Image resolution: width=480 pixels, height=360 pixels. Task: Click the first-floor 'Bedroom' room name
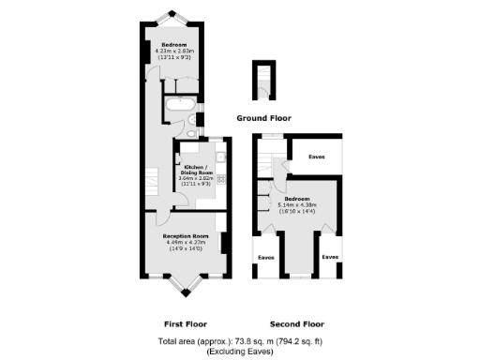[x=173, y=45]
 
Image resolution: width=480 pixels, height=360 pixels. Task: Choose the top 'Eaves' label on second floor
[x=317, y=157]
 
